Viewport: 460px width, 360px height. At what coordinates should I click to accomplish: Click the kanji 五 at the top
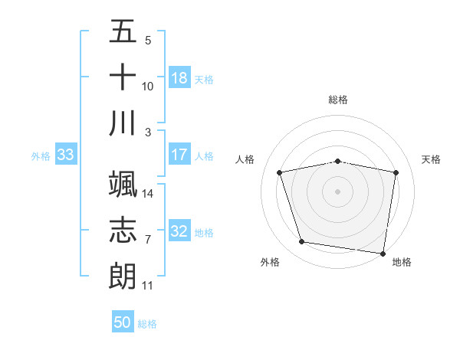(x=123, y=32)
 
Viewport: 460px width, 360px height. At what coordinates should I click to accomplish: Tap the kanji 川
(x=123, y=123)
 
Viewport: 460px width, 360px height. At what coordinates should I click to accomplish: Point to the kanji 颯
(x=123, y=185)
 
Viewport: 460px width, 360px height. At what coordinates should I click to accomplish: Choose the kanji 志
(x=123, y=230)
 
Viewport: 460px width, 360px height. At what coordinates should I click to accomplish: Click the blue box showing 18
(x=179, y=78)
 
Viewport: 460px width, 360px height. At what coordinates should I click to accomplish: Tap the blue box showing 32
(x=179, y=231)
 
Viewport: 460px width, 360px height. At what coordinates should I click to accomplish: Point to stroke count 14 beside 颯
(x=148, y=193)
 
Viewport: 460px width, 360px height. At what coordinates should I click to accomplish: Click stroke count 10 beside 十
(x=148, y=86)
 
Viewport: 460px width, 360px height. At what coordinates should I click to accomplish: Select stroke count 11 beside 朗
(x=148, y=286)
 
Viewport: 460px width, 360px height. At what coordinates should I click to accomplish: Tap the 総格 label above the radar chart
(x=337, y=100)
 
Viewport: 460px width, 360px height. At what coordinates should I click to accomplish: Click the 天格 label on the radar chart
(x=431, y=159)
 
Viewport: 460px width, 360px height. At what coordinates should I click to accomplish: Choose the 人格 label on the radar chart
(x=245, y=159)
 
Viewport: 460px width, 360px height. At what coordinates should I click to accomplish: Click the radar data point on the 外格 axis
(x=301, y=242)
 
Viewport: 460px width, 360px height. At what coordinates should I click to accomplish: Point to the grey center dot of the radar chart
(x=337, y=191)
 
